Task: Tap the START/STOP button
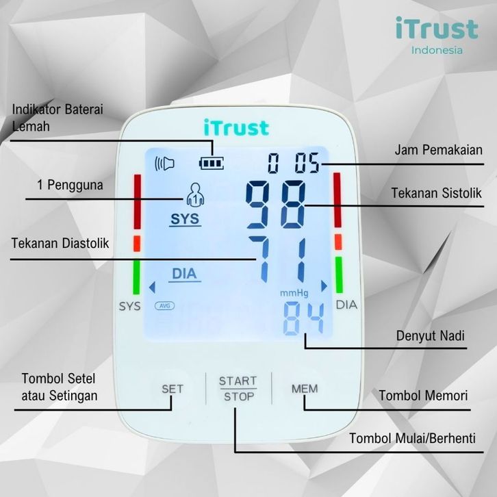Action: click(238, 389)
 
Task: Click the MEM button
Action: click(305, 389)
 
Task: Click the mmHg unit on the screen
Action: click(294, 293)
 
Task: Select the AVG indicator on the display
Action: click(164, 305)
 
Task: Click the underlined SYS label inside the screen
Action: click(183, 220)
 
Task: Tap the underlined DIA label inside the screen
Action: click(183, 274)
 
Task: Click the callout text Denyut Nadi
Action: click(431, 336)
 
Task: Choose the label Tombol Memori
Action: click(424, 396)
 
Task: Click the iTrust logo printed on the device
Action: click(236, 127)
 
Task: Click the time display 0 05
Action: click(294, 164)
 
